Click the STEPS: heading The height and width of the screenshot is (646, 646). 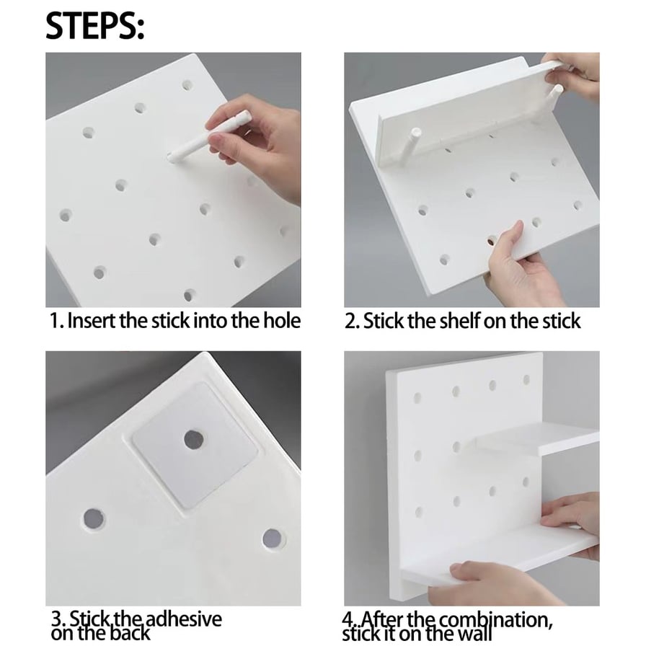pyautogui.click(x=94, y=25)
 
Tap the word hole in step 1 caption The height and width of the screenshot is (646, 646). pyautogui.click(x=282, y=321)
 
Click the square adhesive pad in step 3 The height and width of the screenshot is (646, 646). pyautogui.click(x=195, y=445)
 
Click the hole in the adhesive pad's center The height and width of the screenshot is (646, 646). pyautogui.click(x=194, y=440)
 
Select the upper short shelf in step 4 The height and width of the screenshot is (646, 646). pyautogui.click(x=536, y=441)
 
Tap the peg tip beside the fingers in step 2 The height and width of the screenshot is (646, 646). pyautogui.click(x=557, y=89)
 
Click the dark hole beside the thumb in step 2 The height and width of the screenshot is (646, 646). pyautogui.click(x=492, y=241)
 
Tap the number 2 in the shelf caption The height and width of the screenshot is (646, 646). pyautogui.click(x=350, y=321)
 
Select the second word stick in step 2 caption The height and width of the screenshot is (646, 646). pyautogui.click(x=561, y=321)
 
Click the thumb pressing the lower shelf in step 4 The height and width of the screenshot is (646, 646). pyautogui.click(x=464, y=570)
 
